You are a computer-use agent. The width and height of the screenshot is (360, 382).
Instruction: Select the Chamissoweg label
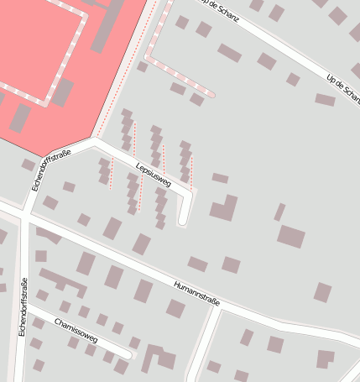[x=76, y=331]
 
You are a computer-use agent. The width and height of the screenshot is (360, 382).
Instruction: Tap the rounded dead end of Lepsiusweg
[x=184, y=222]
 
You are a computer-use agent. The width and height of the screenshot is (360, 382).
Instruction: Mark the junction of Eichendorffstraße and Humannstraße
[x=25, y=214]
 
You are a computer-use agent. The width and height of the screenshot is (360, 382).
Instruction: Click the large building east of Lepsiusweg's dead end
[x=224, y=207]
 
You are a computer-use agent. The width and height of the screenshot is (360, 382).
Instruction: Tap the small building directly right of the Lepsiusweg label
[x=220, y=178]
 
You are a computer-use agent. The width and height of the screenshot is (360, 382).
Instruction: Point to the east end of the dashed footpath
[x=211, y=95]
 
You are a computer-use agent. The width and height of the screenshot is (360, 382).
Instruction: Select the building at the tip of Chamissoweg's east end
[x=135, y=343]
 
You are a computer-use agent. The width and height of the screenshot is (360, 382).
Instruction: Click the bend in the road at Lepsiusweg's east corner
[x=191, y=194]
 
